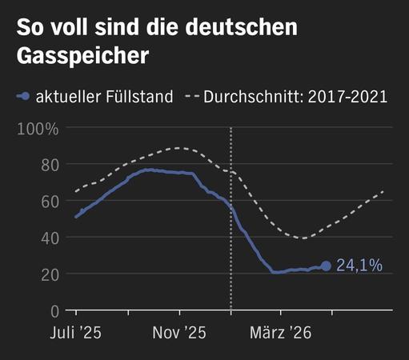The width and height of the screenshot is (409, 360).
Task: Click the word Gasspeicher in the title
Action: click(82, 56)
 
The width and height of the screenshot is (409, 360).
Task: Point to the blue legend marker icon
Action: click(23, 96)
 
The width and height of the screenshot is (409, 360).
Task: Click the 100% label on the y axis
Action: click(38, 129)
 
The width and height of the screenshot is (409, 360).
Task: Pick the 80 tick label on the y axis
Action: click(50, 166)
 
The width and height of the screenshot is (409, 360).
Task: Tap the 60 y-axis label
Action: click(50, 202)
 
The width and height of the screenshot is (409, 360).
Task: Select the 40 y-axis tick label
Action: click(50, 238)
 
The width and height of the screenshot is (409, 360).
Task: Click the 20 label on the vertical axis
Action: click(50, 275)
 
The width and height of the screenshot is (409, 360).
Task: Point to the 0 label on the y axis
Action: click(54, 311)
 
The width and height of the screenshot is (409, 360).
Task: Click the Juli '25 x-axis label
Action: click(76, 333)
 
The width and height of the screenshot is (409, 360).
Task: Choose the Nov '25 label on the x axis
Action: click(179, 333)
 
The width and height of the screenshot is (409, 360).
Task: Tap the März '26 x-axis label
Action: click(281, 333)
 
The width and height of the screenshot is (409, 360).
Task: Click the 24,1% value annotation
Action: click(359, 266)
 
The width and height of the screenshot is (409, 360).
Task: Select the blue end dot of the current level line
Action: click(326, 266)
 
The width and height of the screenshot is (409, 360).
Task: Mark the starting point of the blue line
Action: click(77, 216)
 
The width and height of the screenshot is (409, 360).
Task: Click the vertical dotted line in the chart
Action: click(231, 218)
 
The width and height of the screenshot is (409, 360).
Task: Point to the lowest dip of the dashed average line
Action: click(303, 238)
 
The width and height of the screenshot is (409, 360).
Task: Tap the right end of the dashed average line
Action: click(383, 191)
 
